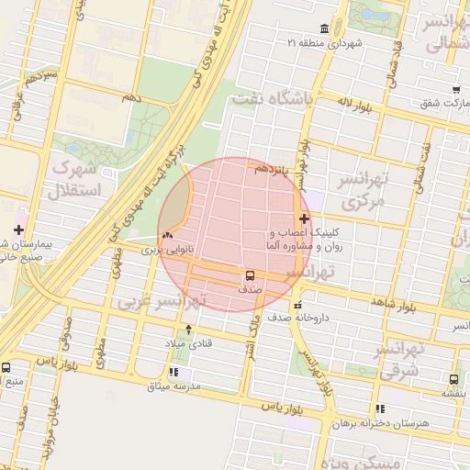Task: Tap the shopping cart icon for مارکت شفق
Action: click(x=456, y=89)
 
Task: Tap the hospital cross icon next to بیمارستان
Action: click(x=18, y=229)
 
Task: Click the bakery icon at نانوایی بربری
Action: click(x=167, y=236)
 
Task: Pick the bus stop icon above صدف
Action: click(x=250, y=274)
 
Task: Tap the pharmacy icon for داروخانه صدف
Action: click(x=296, y=305)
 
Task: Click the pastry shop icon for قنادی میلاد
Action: click(x=189, y=329)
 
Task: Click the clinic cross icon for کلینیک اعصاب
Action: click(x=304, y=219)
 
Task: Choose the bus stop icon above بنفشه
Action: click(x=454, y=379)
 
